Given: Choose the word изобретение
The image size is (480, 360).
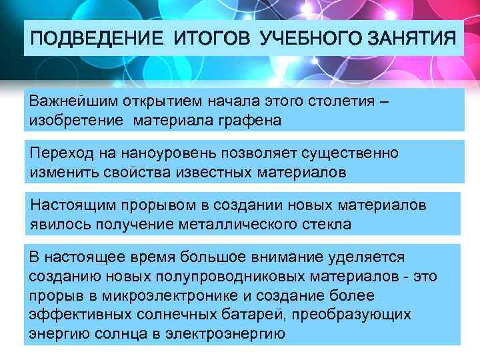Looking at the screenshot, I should (x=75, y=121).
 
